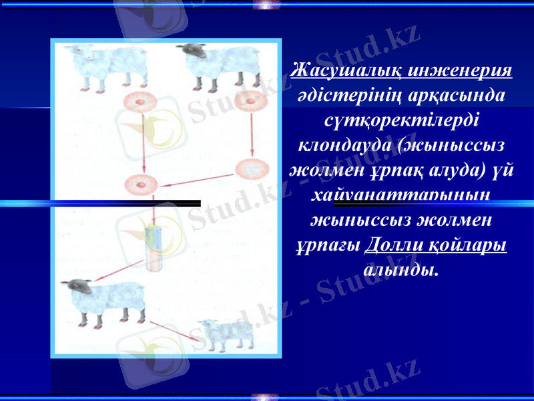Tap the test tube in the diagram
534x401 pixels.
point(154,249)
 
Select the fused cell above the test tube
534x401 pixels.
point(142,183)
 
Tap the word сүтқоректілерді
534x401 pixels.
point(401,120)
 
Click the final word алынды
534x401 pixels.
point(401,269)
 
